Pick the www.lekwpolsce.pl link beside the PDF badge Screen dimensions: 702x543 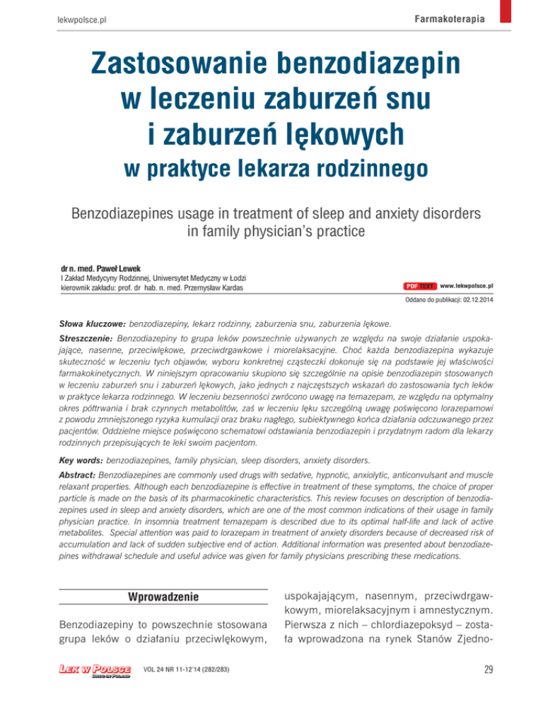tap(466, 287)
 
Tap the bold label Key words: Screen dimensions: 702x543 tap(78, 460)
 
